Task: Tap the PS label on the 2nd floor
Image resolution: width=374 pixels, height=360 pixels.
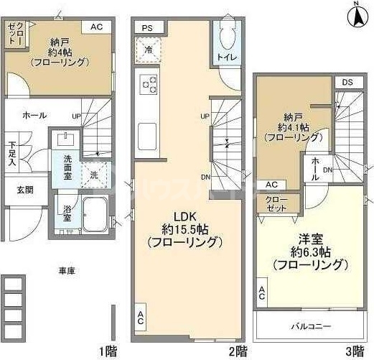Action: (147, 27)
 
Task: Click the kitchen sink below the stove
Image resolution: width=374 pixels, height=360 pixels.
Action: (148, 133)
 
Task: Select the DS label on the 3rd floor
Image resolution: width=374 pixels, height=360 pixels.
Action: (347, 82)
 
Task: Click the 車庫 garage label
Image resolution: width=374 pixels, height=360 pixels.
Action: (67, 271)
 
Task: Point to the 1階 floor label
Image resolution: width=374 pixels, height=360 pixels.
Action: (107, 351)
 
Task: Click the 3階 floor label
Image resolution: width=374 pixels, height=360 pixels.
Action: (354, 351)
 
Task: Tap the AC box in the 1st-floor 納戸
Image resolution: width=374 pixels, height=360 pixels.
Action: (95, 27)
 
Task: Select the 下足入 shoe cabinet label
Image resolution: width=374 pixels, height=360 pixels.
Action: (12, 152)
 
